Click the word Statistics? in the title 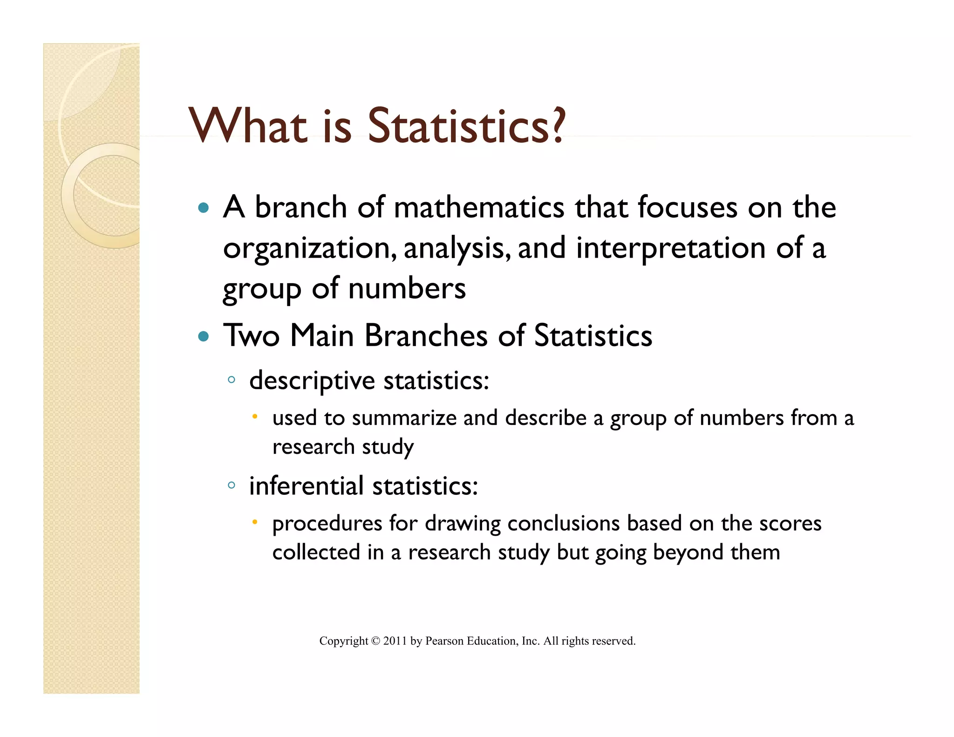click(x=466, y=126)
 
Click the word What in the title click(x=248, y=126)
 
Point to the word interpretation click(x=671, y=248)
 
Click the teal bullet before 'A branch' click(x=203, y=208)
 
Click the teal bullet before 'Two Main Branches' click(x=203, y=336)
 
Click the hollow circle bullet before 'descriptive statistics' click(x=232, y=380)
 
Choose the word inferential click(x=306, y=486)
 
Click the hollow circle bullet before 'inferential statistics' click(x=232, y=485)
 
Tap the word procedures click(x=327, y=524)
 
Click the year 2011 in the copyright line click(x=395, y=641)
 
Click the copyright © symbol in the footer click(x=375, y=641)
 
